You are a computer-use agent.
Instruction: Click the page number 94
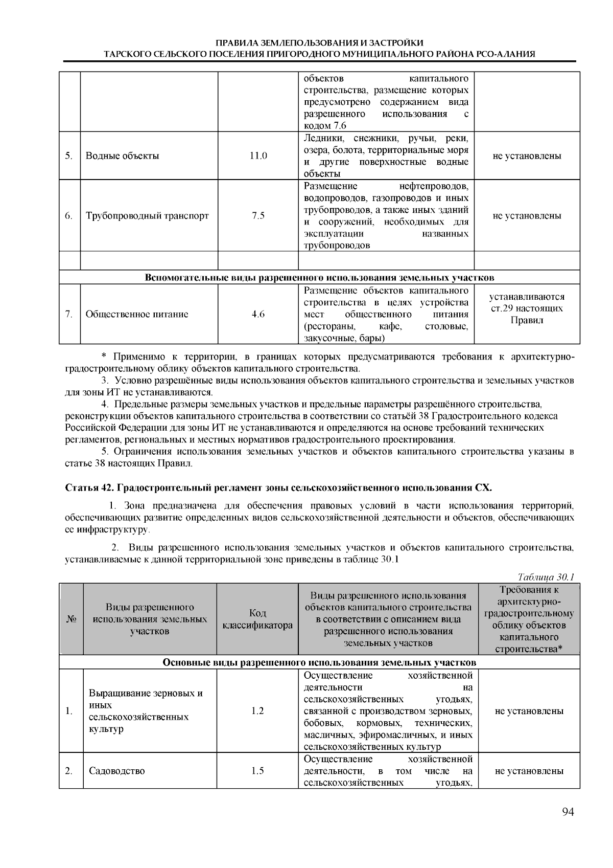coord(568,813)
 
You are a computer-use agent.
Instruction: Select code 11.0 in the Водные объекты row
coord(258,156)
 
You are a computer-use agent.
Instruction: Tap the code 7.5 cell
coord(258,215)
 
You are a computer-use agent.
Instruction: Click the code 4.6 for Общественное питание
coord(258,314)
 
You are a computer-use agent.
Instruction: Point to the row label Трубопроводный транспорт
coord(147,215)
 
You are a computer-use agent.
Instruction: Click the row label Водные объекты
coord(122,156)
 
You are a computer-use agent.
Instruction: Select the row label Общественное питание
coord(136,314)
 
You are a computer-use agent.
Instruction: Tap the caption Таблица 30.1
coord(546,577)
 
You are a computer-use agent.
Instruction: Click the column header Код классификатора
coord(257,619)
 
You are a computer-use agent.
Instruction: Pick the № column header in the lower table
coord(71,619)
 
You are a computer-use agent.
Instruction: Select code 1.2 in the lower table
coord(258,711)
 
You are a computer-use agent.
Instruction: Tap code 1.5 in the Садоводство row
coord(258,771)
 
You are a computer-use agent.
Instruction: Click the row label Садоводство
coord(116,771)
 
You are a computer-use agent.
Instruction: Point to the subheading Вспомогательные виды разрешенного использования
coord(319,278)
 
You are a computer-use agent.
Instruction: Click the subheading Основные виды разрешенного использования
coord(319,662)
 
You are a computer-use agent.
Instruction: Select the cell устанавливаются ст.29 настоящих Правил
coord(527,309)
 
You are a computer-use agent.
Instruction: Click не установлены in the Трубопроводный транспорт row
coord(527,215)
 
